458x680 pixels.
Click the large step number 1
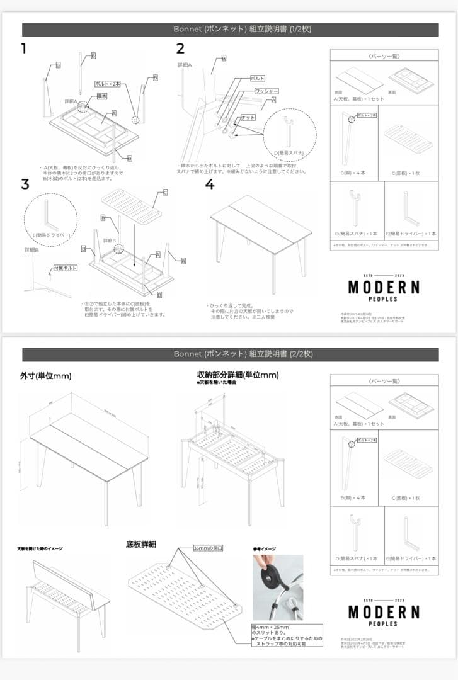[x=24, y=48]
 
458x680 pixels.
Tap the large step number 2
[x=180, y=48]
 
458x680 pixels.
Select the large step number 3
[x=25, y=184]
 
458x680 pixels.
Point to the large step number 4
[x=210, y=184]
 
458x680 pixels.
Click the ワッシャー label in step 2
[x=266, y=91]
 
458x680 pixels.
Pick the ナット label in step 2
[x=248, y=118]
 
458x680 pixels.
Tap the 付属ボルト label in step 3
[x=65, y=268]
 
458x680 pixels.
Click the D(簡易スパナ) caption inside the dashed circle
[x=289, y=153]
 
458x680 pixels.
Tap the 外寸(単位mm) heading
[x=45, y=376]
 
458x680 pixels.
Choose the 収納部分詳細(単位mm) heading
[x=238, y=375]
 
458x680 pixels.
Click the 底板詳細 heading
[x=141, y=543]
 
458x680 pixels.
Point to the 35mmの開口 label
[x=208, y=548]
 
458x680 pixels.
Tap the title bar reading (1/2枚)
[x=231, y=30]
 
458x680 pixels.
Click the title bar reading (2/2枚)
[x=231, y=354]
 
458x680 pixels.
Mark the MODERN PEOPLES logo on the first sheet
[x=384, y=290]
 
